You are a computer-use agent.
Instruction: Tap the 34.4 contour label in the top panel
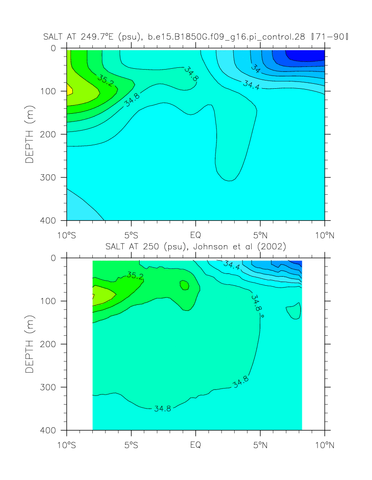[x=251, y=85]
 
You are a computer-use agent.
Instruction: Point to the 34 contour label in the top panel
[x=256, y=69]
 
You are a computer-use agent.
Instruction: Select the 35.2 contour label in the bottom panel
[x=135, y=275]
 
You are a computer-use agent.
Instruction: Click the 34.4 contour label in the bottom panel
[x=232, y=265]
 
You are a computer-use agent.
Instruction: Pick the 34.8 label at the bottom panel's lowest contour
[x=162, y=408]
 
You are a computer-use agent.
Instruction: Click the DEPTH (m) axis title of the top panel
[x=30, y=134]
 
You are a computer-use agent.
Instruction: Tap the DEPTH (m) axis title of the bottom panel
[x=30, y=344]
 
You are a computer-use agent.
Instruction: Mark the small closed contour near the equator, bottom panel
[x=184, y=285]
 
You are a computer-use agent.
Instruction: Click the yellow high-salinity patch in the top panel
[x=69, y=89]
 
